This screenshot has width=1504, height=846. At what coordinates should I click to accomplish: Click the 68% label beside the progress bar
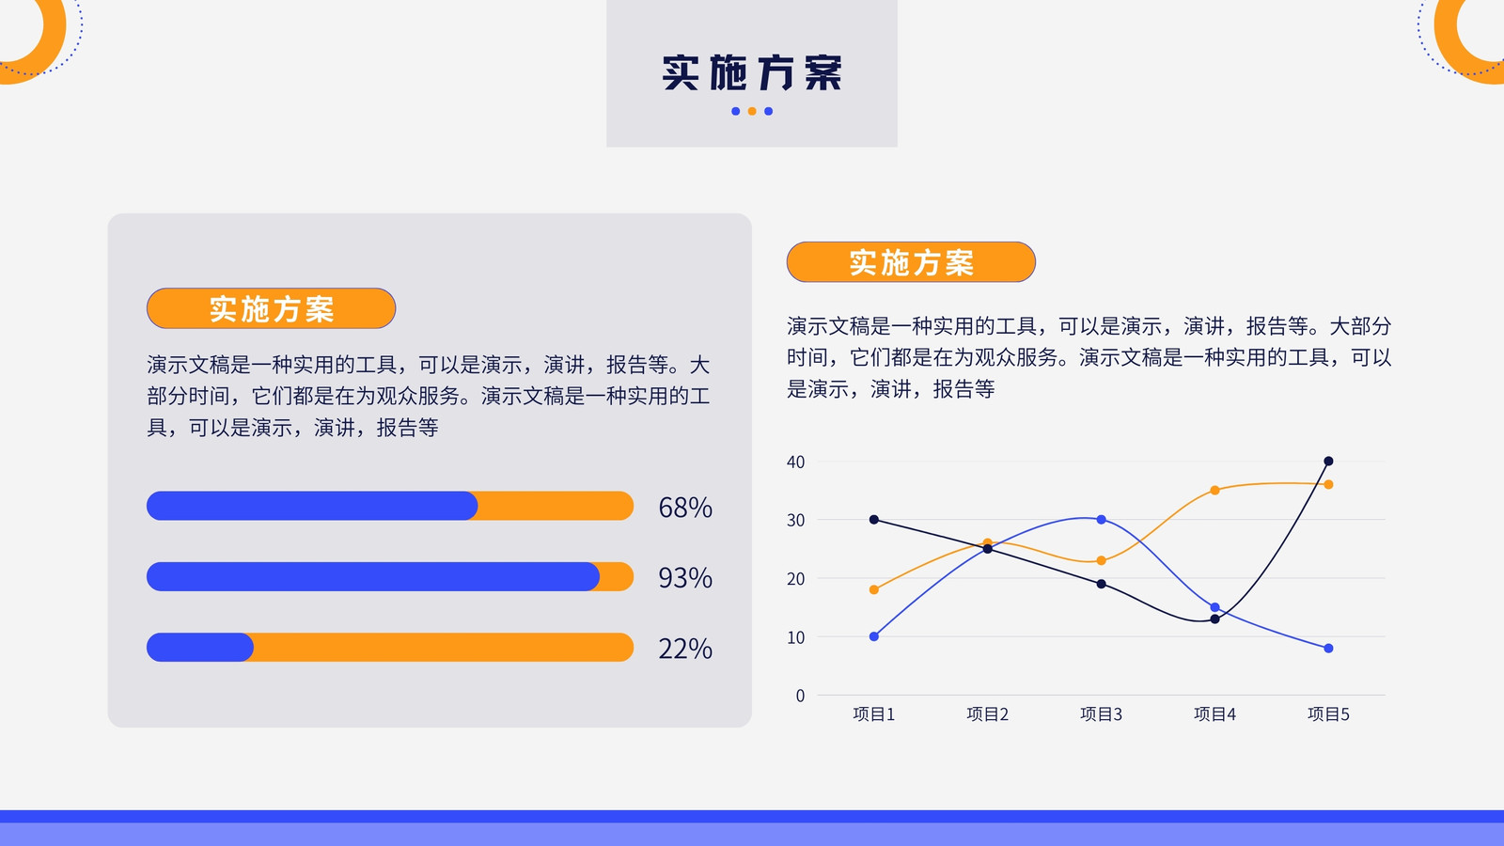click(685, 507)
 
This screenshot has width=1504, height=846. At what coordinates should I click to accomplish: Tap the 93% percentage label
click(685, 577)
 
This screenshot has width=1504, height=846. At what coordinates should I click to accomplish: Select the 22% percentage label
click(685, 649)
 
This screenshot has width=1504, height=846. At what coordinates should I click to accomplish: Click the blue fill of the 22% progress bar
click(200, 648)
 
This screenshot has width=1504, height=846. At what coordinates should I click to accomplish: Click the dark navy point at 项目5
click(1328, 462)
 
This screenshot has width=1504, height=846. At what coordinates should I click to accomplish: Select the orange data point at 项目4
click(1214, 490)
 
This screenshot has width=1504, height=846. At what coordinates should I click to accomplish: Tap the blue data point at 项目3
click(1101, 520)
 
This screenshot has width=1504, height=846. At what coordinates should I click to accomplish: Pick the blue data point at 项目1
click(873, 636)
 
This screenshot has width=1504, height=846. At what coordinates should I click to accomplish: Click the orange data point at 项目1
click(873, 589)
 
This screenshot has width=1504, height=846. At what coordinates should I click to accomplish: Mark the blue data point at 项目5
click(1328, 648)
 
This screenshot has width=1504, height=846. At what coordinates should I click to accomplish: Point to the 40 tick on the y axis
click(795, 462)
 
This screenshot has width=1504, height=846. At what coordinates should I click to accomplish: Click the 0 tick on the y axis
click(800, 696)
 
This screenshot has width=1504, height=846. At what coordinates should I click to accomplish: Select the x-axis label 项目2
click(987, 713)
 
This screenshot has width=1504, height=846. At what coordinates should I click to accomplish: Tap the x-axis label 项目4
click(1214, 713)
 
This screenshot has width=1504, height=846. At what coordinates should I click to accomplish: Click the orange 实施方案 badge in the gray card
click(272, 308)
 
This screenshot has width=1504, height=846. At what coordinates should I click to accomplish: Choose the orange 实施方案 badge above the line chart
click(911, 262)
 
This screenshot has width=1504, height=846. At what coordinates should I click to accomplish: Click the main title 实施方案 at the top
click(752, 72)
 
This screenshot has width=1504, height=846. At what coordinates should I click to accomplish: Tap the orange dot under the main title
click(752, 112)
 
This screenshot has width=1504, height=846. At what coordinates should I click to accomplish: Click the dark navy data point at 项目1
click(873, 520)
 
